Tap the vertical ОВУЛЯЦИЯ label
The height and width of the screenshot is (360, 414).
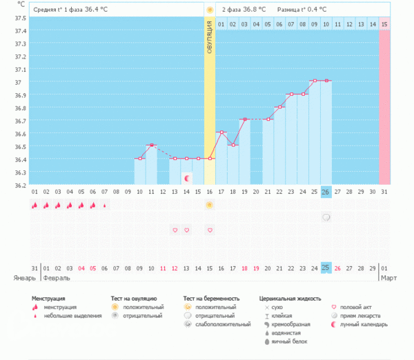pyautogui.click(x=210, y=42)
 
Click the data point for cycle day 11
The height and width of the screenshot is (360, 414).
pyautogui.click(x=151, y=146)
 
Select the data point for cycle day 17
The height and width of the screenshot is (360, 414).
pyautogui.click(x=221, y=132)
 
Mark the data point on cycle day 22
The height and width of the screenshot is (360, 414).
pyautogui.click(x=279, y=107)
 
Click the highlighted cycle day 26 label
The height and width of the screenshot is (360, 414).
pyautogui.click(x=326, y=192)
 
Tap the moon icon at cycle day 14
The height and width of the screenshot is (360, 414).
pyautogui.click(x=186, y=179)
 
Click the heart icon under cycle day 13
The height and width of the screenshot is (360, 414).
pyautogui.click(x=175, y=230)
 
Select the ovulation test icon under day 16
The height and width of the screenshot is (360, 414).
pyautogui.click(x=209, y=205)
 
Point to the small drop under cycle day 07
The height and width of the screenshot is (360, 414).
pyautogui.click(x=105, y=205)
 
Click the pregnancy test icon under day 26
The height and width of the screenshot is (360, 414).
pyautogui.click(x=326, y=217)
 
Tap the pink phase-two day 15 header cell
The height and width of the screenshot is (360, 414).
pyautogui.click(x=384, y=24)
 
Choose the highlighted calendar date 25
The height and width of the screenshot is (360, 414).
pyautogui.click(x=326, y=268)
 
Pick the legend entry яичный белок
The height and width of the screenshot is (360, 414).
pyautogui.click(x=289, y=341)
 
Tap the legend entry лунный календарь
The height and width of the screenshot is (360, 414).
pyautogui.click(x=363, y=324)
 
